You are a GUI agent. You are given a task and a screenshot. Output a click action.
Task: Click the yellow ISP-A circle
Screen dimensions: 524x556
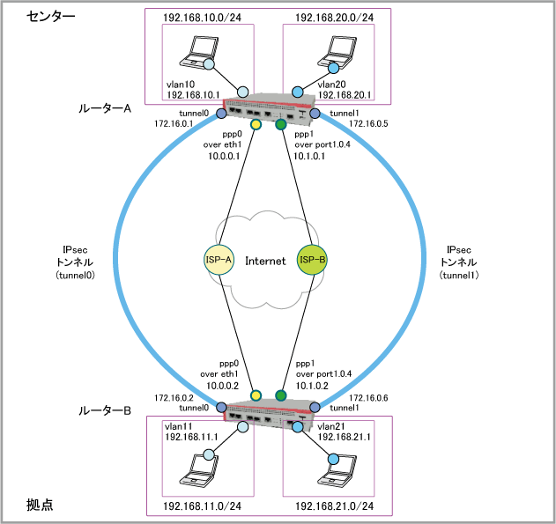pos(217,260)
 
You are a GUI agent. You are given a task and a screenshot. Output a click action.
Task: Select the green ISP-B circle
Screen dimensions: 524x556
pos(313,260)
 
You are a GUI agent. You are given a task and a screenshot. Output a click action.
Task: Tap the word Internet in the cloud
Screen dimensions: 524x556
pos(264,261)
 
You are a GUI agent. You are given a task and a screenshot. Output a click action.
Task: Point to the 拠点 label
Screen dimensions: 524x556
pos(40,506)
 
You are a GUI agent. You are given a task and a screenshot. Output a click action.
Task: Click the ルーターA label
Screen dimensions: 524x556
pos(104,108)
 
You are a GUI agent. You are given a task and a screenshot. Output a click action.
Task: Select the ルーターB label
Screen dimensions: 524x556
pos(104,410)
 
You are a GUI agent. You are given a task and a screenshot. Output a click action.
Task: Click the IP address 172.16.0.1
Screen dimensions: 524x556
pos(175,124)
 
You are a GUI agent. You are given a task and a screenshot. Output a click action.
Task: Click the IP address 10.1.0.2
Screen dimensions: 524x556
pos(313,384)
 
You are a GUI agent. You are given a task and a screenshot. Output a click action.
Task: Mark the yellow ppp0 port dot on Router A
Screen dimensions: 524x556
pos(256,125)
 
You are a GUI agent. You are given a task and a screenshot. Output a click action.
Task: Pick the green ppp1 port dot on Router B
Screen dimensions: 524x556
pos(281,395)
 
